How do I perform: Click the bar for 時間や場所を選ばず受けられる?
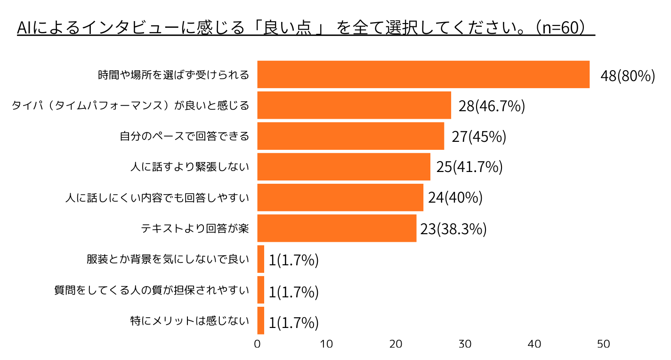(423, 74)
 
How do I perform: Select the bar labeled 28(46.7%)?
(354, 105)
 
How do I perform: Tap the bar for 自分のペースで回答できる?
(350, 136)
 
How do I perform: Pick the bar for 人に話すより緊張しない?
(343, 167)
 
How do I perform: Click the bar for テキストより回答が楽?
(337, 229)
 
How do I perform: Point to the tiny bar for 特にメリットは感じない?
(260, 320)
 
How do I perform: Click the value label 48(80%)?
(628, 76)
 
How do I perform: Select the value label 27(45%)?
(479, 137)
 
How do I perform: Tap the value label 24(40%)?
(455, 198)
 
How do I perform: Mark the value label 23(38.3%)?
(453, 229)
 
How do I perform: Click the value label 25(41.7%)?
(469, 167)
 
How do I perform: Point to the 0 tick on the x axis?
(257, 344)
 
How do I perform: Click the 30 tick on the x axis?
(465, 344)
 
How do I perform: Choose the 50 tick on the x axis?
(604, 344)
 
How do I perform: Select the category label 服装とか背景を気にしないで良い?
(167, 259)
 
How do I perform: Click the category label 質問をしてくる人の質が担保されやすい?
(151, 290)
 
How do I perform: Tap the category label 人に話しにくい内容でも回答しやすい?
(157, 198)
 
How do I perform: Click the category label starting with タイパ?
(130, 106)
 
